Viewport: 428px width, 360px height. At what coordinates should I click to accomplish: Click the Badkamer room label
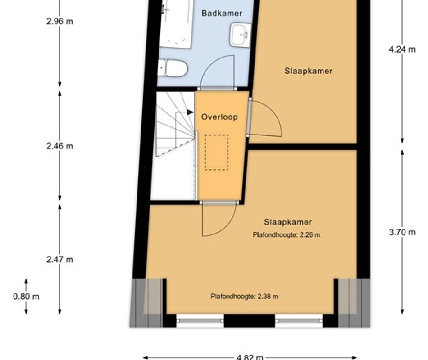(221, 13)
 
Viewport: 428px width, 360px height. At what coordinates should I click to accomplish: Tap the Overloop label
(219, 117)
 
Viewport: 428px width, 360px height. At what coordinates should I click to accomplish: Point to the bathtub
(177, 25)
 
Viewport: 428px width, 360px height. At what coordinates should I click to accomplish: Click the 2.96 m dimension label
(59, 21)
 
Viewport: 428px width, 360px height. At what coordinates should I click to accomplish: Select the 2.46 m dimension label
(59, 146)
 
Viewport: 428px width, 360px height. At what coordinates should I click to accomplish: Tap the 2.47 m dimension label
(59, 259)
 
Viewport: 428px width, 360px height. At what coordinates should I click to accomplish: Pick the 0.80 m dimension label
(26, 296)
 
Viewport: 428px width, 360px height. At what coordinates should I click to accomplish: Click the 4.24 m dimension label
(402, 49)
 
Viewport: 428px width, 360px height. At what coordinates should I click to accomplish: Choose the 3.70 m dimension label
(402, 232)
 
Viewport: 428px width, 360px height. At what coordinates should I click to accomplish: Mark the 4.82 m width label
(250, 357)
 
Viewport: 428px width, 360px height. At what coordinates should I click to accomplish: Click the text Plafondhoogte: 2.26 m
(287, 234)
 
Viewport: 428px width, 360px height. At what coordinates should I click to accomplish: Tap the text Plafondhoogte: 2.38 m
(244, 296)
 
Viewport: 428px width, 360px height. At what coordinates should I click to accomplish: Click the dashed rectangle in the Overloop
(216, 153)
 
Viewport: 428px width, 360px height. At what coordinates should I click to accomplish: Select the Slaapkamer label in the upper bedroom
(308, 71)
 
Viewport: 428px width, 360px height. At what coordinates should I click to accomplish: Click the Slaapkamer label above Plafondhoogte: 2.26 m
(287, 222)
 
